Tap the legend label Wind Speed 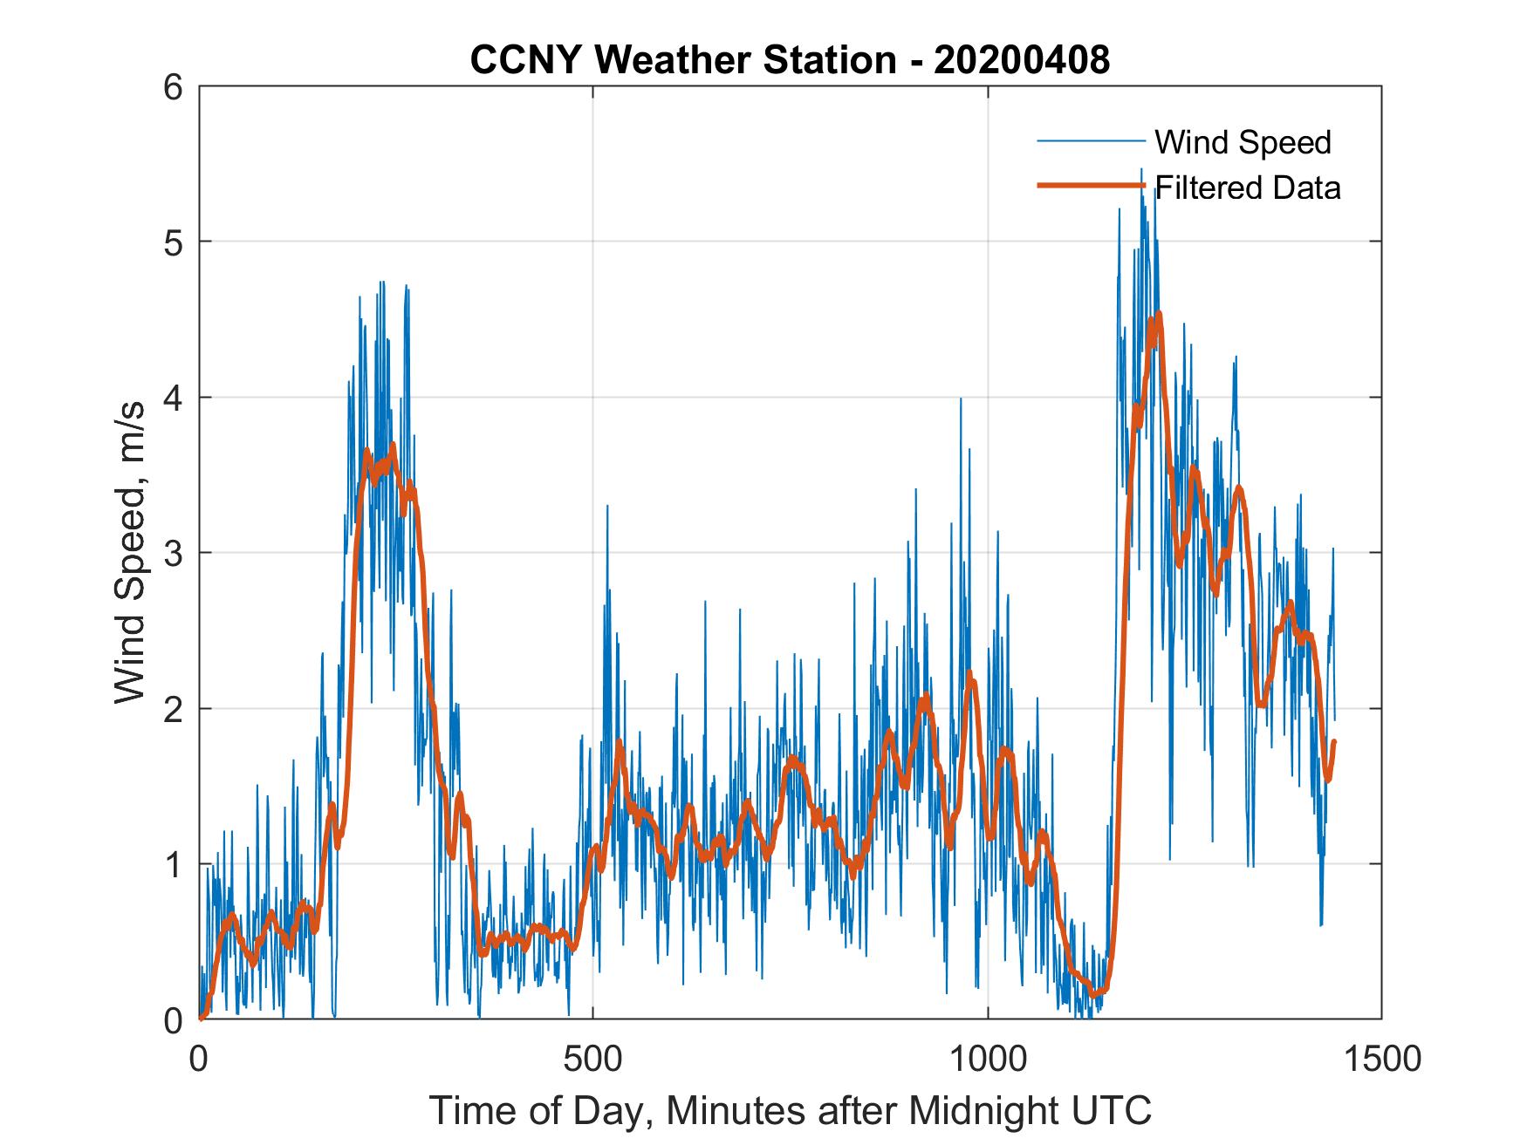click(1243, 142)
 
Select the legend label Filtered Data click(1248, 187)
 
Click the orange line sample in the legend click(1090, 186)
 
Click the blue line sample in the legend click(1090, 140)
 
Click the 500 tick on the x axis click(593, 1058)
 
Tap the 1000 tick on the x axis click(988, 1058)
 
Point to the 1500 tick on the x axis click(1381, 1058)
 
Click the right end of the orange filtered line click(1334, 742)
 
